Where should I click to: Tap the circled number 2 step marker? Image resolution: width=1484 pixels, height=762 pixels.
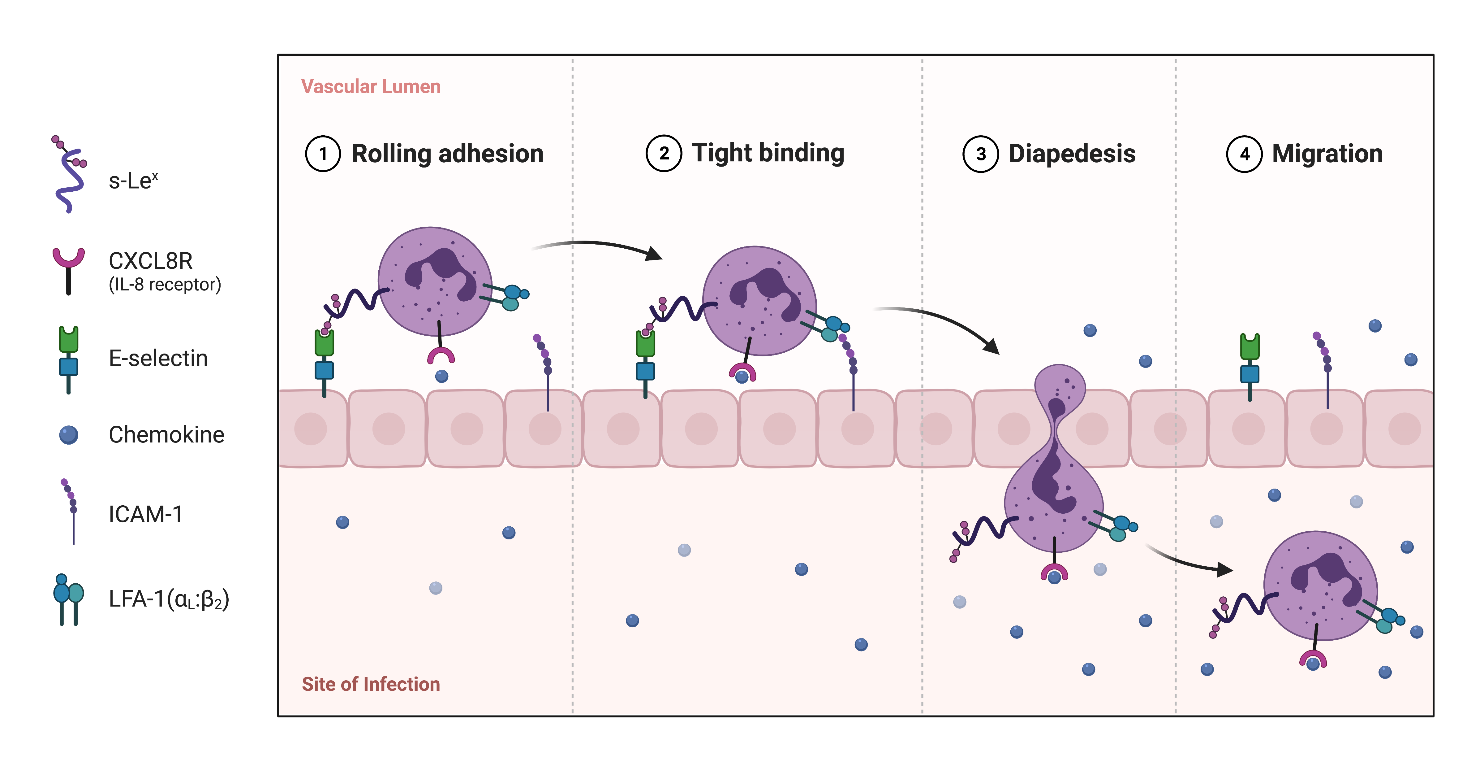664,154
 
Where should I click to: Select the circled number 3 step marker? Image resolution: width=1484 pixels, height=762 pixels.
980,154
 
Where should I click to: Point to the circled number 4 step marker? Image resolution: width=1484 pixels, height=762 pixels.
1244,154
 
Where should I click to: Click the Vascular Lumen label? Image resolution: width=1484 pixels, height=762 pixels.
371,86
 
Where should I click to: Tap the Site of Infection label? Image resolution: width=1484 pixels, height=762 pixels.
371,684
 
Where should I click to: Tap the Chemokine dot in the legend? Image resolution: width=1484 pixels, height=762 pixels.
69,435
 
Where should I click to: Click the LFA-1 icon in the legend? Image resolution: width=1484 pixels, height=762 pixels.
68,599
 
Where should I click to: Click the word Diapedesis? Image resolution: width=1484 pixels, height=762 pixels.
1072,154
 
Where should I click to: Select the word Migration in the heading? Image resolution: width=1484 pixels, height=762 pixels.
1327,154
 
